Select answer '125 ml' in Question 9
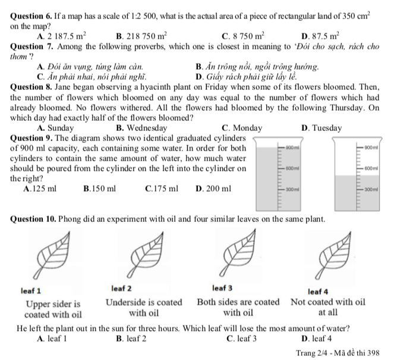click(x=40, y=189)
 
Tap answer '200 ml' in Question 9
click(x=213, y=189)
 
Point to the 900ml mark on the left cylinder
click(x=291, y=146)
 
